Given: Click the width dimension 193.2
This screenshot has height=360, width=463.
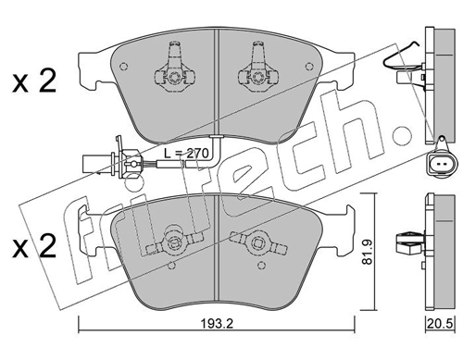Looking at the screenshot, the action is point(217,324).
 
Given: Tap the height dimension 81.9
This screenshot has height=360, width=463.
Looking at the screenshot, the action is point(367,253).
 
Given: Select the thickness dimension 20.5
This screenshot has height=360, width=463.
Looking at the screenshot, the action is point(440,324).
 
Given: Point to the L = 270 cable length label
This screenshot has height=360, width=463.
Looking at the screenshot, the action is point(186,153).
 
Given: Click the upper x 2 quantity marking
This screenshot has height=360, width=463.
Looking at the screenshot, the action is point(34,81).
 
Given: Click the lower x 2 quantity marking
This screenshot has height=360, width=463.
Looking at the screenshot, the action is point(34,246).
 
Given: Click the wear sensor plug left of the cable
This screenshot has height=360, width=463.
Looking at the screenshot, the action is point(93,164).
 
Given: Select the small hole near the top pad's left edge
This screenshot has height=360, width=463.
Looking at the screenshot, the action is point(123,67).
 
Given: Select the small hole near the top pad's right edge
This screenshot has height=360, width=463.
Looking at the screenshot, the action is point(309,67).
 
